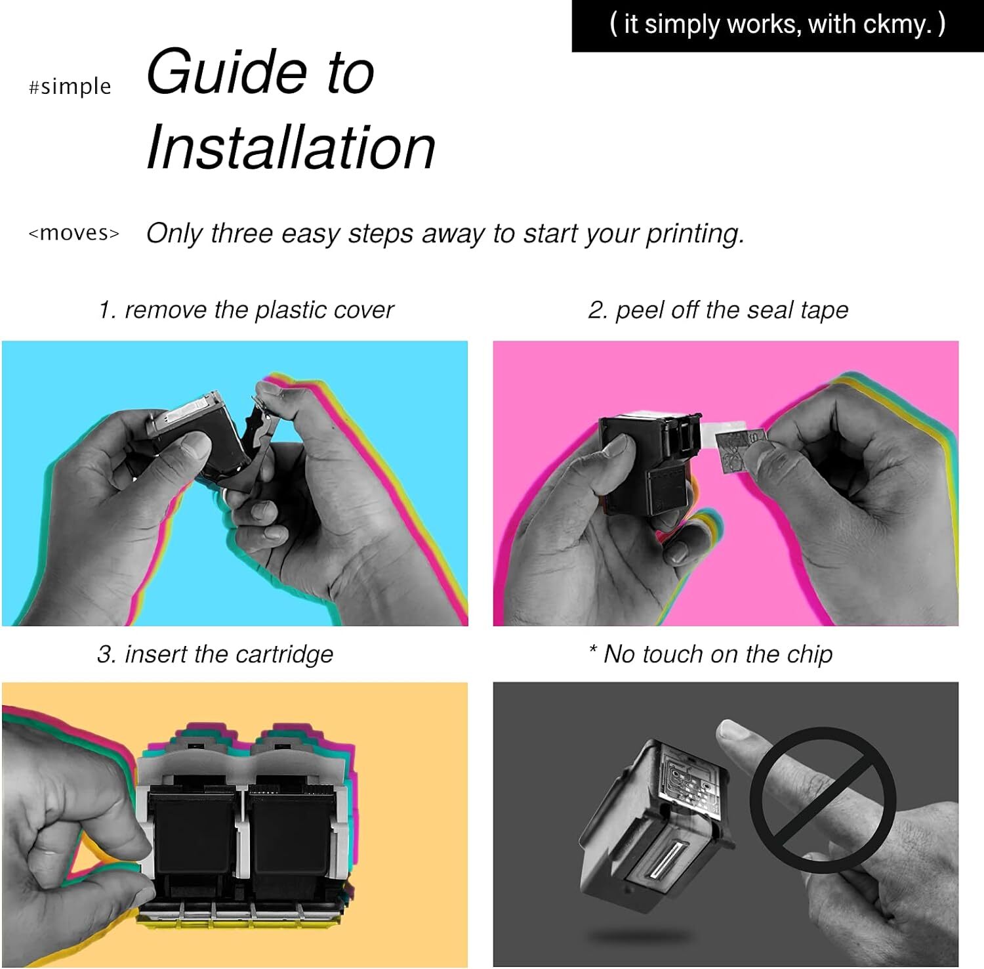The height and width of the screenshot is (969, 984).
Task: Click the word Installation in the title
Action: [291, 147]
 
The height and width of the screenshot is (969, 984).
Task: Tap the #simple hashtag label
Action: [70, 87]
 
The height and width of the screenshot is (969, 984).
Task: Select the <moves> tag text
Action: [74, 232]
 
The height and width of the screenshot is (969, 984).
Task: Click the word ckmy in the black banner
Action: [893, 25]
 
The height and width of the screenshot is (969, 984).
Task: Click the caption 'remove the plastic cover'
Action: [259, 310]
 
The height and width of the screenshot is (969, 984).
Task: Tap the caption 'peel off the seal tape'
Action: [732, 310]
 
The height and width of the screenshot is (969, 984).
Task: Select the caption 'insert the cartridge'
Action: [229, 654]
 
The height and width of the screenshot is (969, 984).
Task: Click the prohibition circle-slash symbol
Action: [823, 800]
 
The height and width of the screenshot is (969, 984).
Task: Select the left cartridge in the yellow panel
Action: [192, 830]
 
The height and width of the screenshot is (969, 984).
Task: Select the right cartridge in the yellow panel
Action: [289, 830]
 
